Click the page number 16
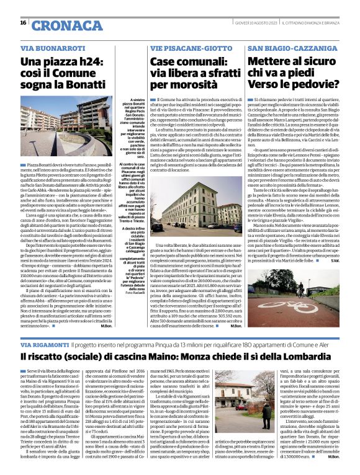23,22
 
